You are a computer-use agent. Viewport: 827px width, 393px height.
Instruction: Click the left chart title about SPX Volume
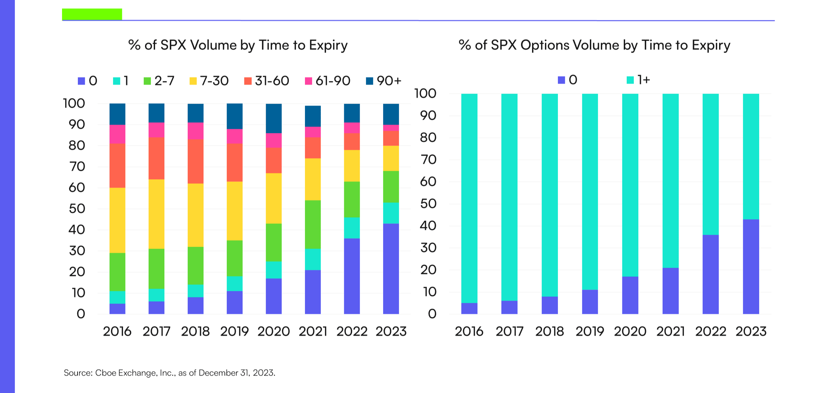[x=238, y=45]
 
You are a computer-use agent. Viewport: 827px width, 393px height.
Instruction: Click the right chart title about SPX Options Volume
[x=594, y=45]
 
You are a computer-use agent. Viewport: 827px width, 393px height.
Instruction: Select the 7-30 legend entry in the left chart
[x=209, y=81]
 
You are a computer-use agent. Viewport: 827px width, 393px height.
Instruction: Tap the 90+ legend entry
[x=384, y=81]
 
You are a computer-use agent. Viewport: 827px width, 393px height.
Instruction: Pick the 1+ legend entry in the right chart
[x=638, y=80]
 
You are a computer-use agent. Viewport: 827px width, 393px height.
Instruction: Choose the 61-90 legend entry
[x=327, y=81]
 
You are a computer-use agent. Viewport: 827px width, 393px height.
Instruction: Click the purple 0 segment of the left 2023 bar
[x=391, y=269]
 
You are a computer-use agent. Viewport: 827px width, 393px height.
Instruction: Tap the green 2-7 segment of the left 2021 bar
[x=313, y=224]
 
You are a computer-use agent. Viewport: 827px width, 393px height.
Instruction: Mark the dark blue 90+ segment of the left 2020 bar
[x=274, y=118]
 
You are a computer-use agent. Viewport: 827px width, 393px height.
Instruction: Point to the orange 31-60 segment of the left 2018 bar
[x=195, y=161]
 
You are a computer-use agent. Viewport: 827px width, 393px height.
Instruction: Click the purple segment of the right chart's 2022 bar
[x=711, y=274]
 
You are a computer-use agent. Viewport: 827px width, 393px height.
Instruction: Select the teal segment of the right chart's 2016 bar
[x=469, y=198]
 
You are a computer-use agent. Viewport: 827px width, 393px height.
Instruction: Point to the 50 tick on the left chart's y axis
[x=77, y=209]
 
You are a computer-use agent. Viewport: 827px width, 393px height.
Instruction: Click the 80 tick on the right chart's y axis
[x=428, y=138]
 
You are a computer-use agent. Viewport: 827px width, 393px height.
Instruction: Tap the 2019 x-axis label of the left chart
[x=234, y=331]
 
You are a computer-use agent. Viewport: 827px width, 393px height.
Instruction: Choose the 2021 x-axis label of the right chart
[x=670, y=331]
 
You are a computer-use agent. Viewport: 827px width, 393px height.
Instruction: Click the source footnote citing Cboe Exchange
[x=170, y=373]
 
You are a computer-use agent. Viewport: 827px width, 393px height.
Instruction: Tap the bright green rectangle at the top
[x=92, y=14]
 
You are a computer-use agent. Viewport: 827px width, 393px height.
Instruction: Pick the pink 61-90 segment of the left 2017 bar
[x=156, y=130]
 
